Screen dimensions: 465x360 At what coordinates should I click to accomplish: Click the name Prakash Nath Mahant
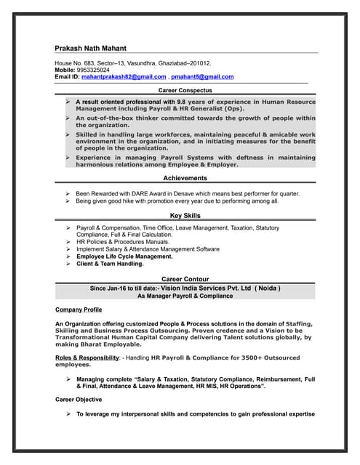(95, 48)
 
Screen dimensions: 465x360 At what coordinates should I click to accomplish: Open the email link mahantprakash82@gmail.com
(124, 77)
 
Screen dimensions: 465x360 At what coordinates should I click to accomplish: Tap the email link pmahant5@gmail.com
(202, 77)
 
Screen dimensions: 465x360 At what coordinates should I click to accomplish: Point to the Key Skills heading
(185, 216)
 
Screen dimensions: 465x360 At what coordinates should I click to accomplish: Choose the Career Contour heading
(185, 279)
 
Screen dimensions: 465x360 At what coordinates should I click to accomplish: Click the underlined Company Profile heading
(79, 310)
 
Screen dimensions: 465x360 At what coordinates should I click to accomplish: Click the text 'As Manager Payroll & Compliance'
(185, 296)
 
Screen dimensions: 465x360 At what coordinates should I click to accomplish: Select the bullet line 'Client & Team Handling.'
(110, 264)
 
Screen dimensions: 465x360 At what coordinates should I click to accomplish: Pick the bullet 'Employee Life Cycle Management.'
(124, 256)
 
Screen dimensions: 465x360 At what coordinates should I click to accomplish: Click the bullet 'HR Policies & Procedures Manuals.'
(122, 242)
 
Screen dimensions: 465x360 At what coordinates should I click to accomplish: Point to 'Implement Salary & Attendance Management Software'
(148, 249)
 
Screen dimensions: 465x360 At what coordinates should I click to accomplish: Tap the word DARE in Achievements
(155, 194)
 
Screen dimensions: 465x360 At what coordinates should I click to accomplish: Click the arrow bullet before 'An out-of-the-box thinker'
(67, 118)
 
